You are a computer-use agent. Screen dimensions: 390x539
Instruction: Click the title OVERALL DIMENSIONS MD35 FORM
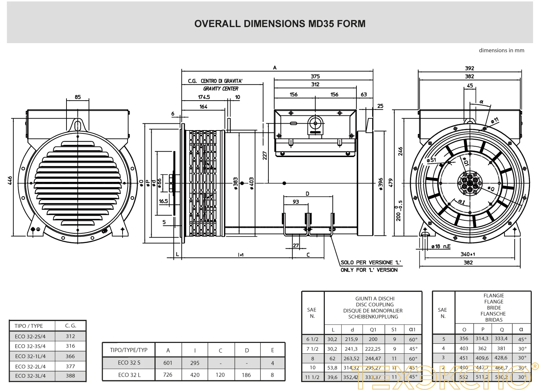pyautogui.click(x=280, y=24)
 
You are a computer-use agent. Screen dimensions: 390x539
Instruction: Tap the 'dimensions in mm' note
pyautogui.click(x=501, y=50)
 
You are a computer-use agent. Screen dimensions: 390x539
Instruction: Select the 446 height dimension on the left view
pyautogui.click(x=10, y=180)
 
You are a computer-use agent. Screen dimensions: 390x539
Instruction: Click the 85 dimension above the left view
pyautogui.click(x=78, y=97)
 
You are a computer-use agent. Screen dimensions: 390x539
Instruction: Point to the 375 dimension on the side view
pyautogui.click(x=315, y=76)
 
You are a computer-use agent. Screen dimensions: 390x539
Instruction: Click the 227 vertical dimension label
pyautogui.click(x=265, y=155)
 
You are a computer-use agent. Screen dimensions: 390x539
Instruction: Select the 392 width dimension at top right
pyautogui.click(x=469, y=68)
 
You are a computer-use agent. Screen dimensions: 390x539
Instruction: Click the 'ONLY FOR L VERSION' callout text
pyautogui.click(x=369, y=270)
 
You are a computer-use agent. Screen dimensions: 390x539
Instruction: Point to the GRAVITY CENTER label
pyautogui.click(x=221, y=89)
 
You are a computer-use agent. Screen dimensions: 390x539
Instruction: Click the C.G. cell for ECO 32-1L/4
pyautogui.click(x=70, y=356)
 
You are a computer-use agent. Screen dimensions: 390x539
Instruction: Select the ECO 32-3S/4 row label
pyautogui.click(x=30, y=346)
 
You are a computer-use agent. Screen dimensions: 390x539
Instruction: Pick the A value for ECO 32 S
pyautogui.click(x=168, y=363)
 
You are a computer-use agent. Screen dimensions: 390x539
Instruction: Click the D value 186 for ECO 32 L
pyautogui.click(x=246, y=375)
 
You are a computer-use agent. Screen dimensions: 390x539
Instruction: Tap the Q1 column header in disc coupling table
pyautogui.click(x=373, y=329)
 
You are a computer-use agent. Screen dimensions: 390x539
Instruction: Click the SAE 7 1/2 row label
pyautogui.click(x=312, y=349)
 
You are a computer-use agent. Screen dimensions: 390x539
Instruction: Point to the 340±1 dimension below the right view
pyautogui.click(x=468, y=254)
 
